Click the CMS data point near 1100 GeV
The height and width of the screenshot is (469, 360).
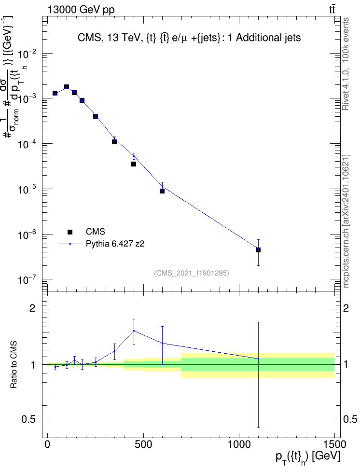pos(258,250)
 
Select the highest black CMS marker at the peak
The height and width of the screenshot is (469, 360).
pos(67,87)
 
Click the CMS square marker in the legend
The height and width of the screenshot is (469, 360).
pos(70,232)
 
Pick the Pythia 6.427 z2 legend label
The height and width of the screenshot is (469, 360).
pos(115,244)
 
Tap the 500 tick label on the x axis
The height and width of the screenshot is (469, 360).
pos(143,444)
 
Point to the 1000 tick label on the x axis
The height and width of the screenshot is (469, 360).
pos(239,444)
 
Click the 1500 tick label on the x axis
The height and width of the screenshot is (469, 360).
pos(334,444)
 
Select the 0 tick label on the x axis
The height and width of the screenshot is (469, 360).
pos(47,444)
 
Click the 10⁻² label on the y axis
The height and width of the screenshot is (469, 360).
pos(27,54)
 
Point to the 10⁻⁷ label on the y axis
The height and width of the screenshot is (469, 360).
pos(27,280)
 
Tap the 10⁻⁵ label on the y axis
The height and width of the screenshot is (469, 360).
pos(27,189)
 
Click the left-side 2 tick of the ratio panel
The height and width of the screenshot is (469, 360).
pos(32,308)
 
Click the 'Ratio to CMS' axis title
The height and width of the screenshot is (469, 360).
pos(14,364)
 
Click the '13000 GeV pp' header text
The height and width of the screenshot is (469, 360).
pos(81,10)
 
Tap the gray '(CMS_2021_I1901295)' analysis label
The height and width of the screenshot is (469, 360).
pos(192,273)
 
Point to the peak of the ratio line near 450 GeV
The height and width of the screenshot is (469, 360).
pos(134,331)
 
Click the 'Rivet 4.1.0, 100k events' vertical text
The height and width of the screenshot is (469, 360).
pos(346,64)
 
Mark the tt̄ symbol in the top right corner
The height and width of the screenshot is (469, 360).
pos(332,9)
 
